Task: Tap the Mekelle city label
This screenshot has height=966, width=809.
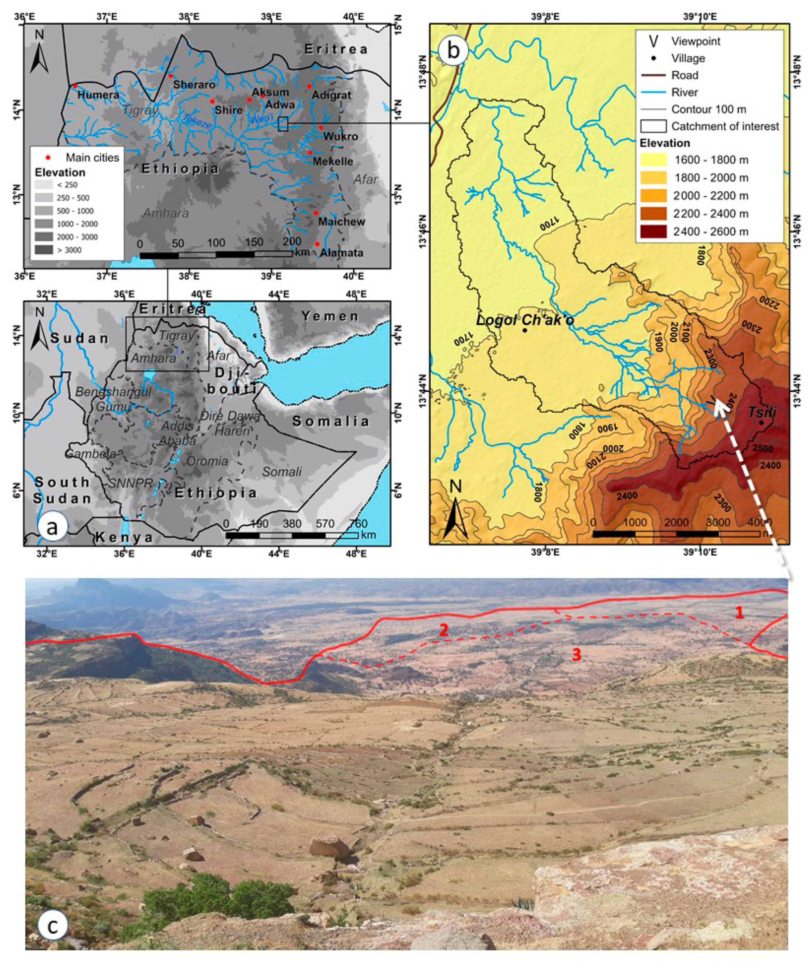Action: tap(333, 162)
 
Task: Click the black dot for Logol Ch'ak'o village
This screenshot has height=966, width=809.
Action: tap(524, 330)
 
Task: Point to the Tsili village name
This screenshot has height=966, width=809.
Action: tap(762, 413)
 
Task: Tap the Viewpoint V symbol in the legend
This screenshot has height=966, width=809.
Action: tap(653, 41)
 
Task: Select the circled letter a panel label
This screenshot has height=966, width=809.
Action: tap(53, 527)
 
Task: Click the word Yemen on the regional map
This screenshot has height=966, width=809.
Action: tap(330, 316)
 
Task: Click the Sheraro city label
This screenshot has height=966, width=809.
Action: tap(194, 85)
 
